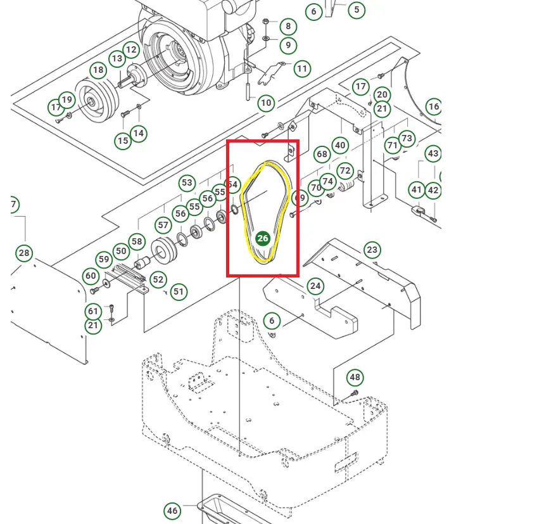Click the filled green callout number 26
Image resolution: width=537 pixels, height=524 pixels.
(262, 238)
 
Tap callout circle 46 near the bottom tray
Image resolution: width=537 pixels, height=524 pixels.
(172, 511)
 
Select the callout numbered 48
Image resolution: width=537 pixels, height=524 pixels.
(355, 378)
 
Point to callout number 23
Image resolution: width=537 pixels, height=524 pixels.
(372, 250)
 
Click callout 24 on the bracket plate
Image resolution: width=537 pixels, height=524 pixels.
(315, 286)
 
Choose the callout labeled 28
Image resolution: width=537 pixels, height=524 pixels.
(24, 253)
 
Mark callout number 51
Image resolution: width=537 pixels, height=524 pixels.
(179, 291)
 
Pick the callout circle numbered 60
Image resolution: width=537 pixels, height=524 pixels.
(91, 276)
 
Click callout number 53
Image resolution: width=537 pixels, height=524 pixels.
(187, 183)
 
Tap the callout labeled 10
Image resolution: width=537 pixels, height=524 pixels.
(266, 103)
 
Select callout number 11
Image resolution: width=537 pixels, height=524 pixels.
(302, 68)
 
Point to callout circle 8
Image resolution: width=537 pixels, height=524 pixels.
(288, 26)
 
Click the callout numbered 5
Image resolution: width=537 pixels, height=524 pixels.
(357, 10)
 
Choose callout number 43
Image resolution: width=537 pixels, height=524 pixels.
(433, 153)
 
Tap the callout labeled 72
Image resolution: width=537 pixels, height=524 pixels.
(344, 170)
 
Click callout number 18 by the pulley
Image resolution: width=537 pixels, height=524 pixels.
(98, 70)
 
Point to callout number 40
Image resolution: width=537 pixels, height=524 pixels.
(341, 146)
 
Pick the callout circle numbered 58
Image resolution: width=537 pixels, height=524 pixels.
(137, 241)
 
